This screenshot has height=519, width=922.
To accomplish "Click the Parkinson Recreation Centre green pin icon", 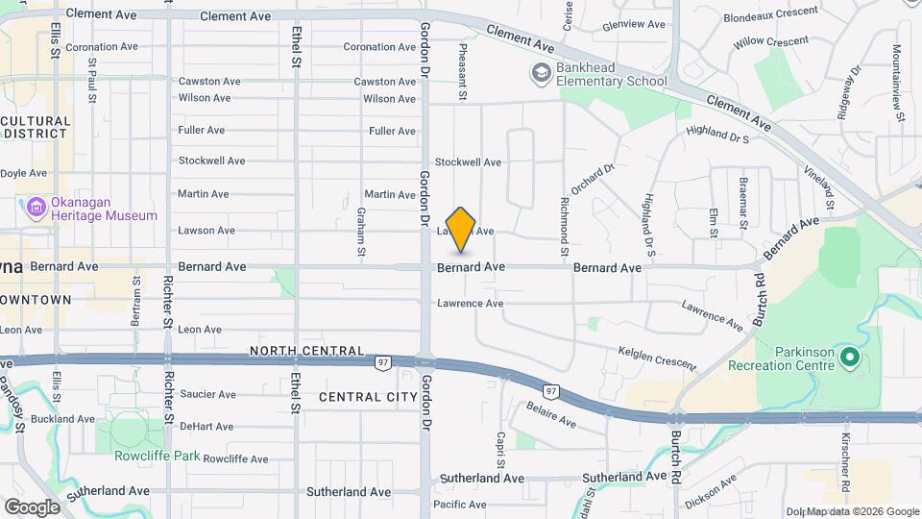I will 849,358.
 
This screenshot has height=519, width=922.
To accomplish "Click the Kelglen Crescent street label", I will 657,361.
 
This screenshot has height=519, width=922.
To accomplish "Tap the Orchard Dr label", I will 592,179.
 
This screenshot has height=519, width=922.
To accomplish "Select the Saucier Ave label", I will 207,394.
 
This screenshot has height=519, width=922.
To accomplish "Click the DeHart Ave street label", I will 206,426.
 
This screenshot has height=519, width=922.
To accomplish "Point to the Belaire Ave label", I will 550,415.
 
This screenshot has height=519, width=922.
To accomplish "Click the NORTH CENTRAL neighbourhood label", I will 306,351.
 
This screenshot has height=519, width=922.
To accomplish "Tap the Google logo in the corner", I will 31,507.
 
